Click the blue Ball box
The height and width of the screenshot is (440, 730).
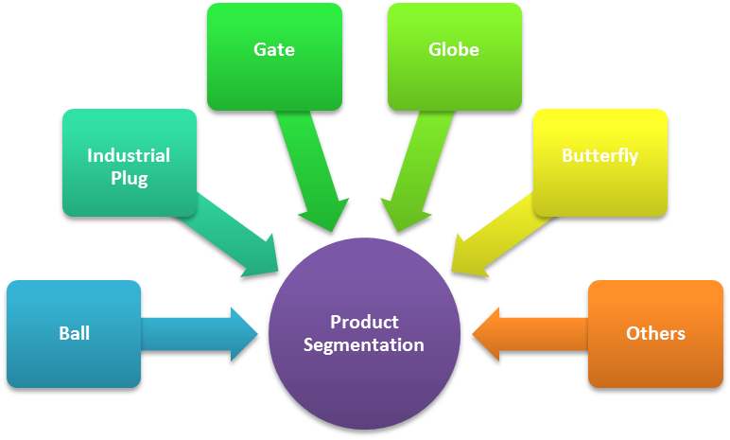point(73,333)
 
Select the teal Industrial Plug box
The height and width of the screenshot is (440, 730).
point(129,163)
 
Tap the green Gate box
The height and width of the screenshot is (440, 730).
point(274,56)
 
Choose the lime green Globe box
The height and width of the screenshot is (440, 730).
point(454,56)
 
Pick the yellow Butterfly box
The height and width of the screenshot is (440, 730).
point(600,162)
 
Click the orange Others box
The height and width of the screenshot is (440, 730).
point(655,333)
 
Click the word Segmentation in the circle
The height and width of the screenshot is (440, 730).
point(364,345)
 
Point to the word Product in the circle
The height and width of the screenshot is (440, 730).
point(364,322)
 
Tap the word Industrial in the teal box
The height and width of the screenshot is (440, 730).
point(129,155)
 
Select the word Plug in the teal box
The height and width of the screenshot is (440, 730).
point(129,179)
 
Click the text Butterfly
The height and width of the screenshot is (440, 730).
point(600,155)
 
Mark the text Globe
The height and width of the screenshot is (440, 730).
point(454,49)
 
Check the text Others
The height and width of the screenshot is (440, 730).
point(655,333)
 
